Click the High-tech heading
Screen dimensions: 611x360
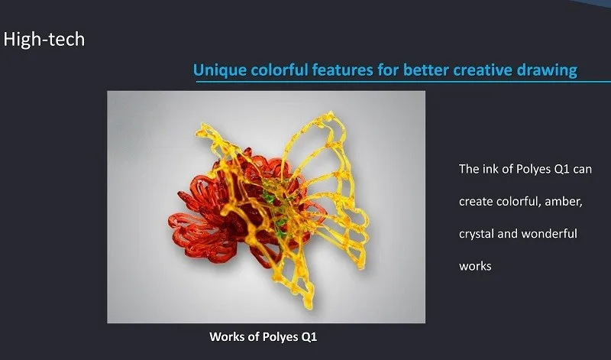tap(44, 40)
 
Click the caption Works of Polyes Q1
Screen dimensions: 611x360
tap(263, 336)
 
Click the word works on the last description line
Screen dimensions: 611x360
tap(475, 267)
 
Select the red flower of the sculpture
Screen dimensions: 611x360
tap(218, 219)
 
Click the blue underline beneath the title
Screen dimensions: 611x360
tap(403, 82)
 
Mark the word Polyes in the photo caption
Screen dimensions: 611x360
tap(280, 337)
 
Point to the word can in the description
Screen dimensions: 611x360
tap(582, 170)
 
